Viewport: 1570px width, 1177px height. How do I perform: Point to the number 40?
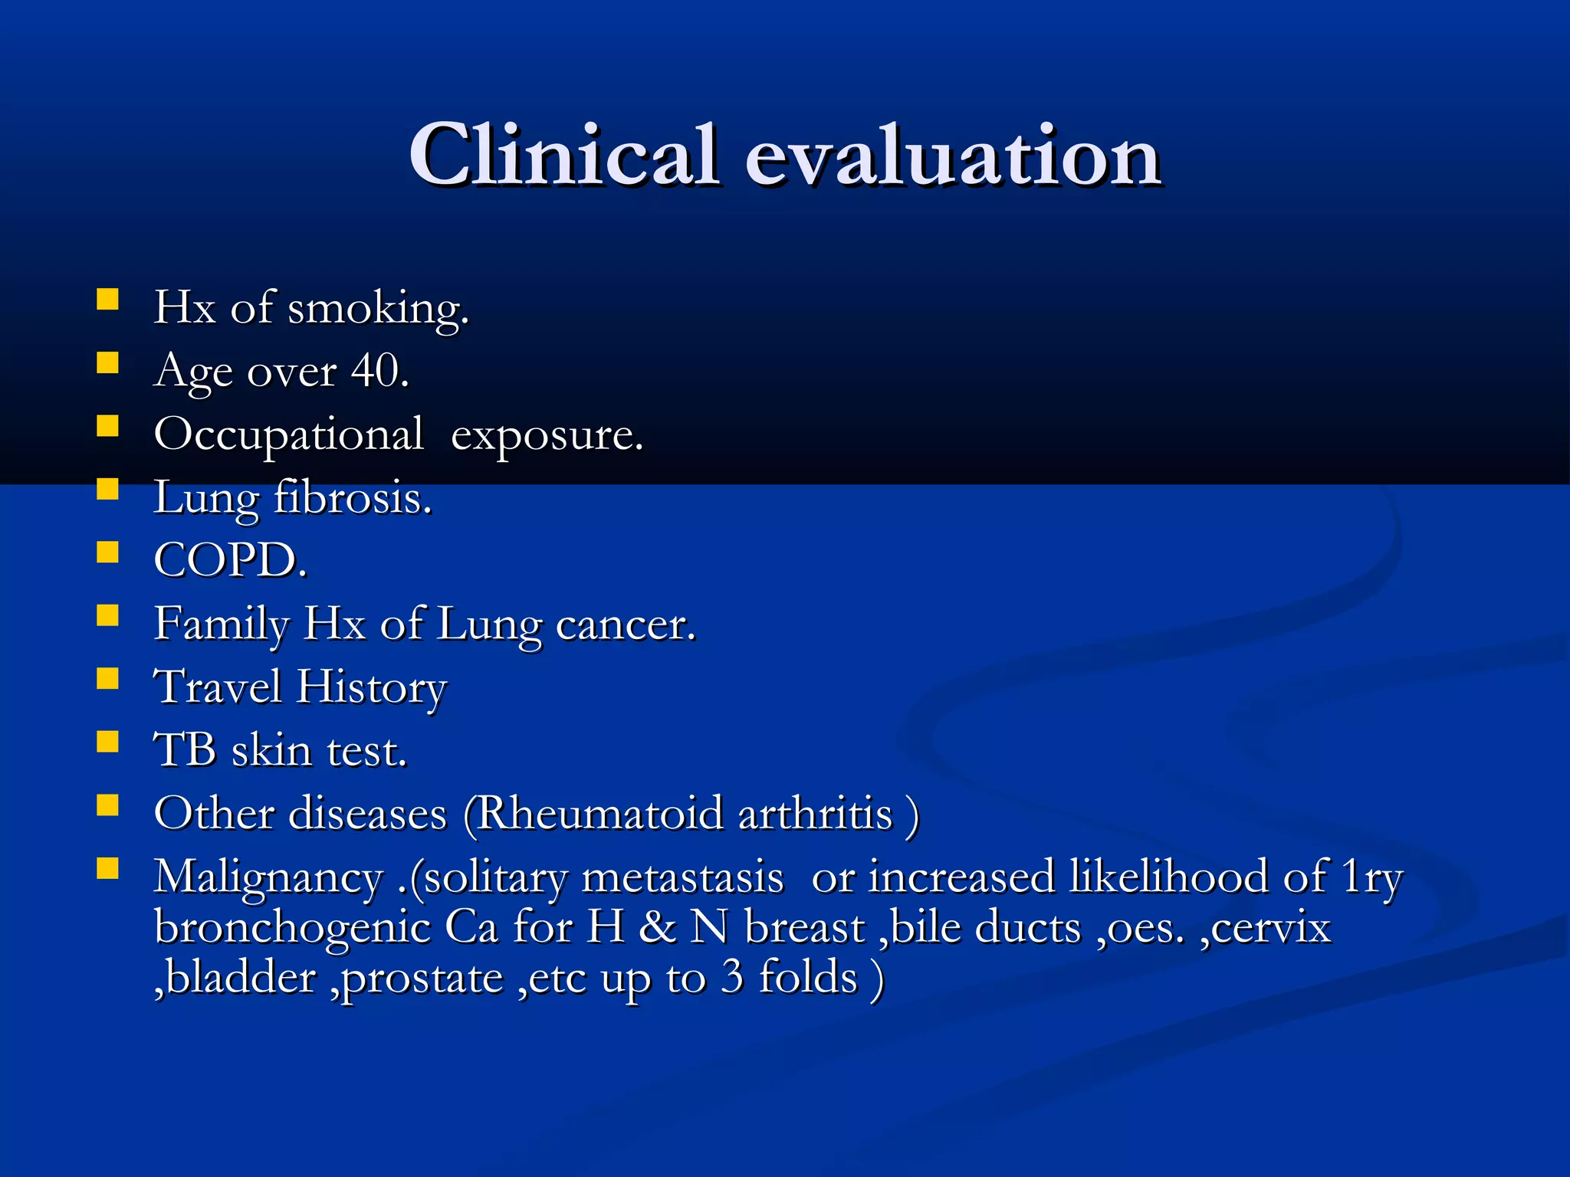[x=379, y=372]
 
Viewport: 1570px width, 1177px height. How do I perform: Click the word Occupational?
[x=288, y=435]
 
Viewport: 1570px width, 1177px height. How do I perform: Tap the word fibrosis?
[x=353, y=498]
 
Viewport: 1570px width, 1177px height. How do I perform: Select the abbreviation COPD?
[x=229, y=561]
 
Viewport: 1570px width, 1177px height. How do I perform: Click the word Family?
[x=222, y=625]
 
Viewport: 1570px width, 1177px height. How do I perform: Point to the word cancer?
[x=625, y=625]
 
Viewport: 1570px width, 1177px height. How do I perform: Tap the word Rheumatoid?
[x=599, y=814]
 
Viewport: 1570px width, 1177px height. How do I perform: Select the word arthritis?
[x=816, y=814]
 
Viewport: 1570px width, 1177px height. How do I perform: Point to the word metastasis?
[x=682, y=877]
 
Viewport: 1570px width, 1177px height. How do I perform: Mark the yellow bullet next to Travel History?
[x=108, y=678]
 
